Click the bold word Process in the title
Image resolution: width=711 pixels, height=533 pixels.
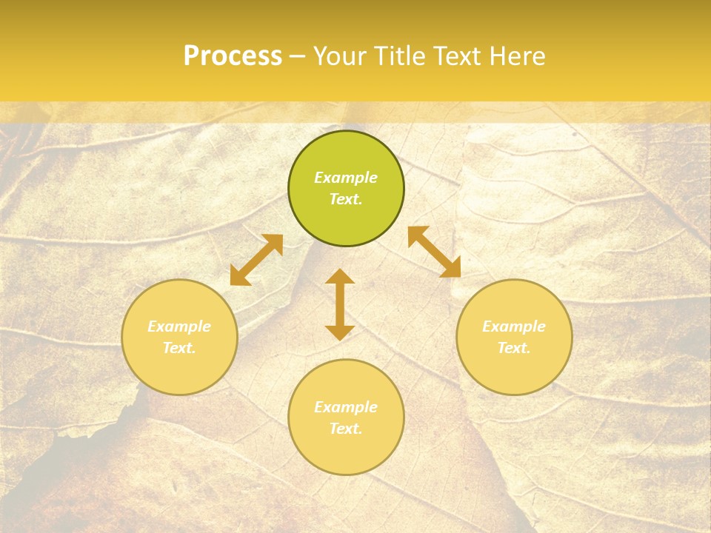[233, 56]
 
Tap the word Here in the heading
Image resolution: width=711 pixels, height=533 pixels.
[515, 56]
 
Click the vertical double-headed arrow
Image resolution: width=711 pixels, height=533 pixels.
[340, 304]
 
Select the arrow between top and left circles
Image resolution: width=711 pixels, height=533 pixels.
[256, 260]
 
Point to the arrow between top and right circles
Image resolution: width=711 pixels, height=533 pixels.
[435, 252]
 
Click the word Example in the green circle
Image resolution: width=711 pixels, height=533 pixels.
[346, 178]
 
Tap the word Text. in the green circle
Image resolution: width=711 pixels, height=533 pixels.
[346, 199]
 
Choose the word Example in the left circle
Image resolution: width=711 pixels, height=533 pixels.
[179, 326]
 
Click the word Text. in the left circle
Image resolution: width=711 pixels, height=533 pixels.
[179, 348]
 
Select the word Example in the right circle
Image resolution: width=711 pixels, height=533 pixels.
[514, 326]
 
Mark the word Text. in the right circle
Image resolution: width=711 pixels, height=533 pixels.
[514, 348]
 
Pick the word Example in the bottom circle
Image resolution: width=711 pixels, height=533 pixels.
[346, 407]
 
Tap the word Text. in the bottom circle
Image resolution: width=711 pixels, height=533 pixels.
[346, 429]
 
